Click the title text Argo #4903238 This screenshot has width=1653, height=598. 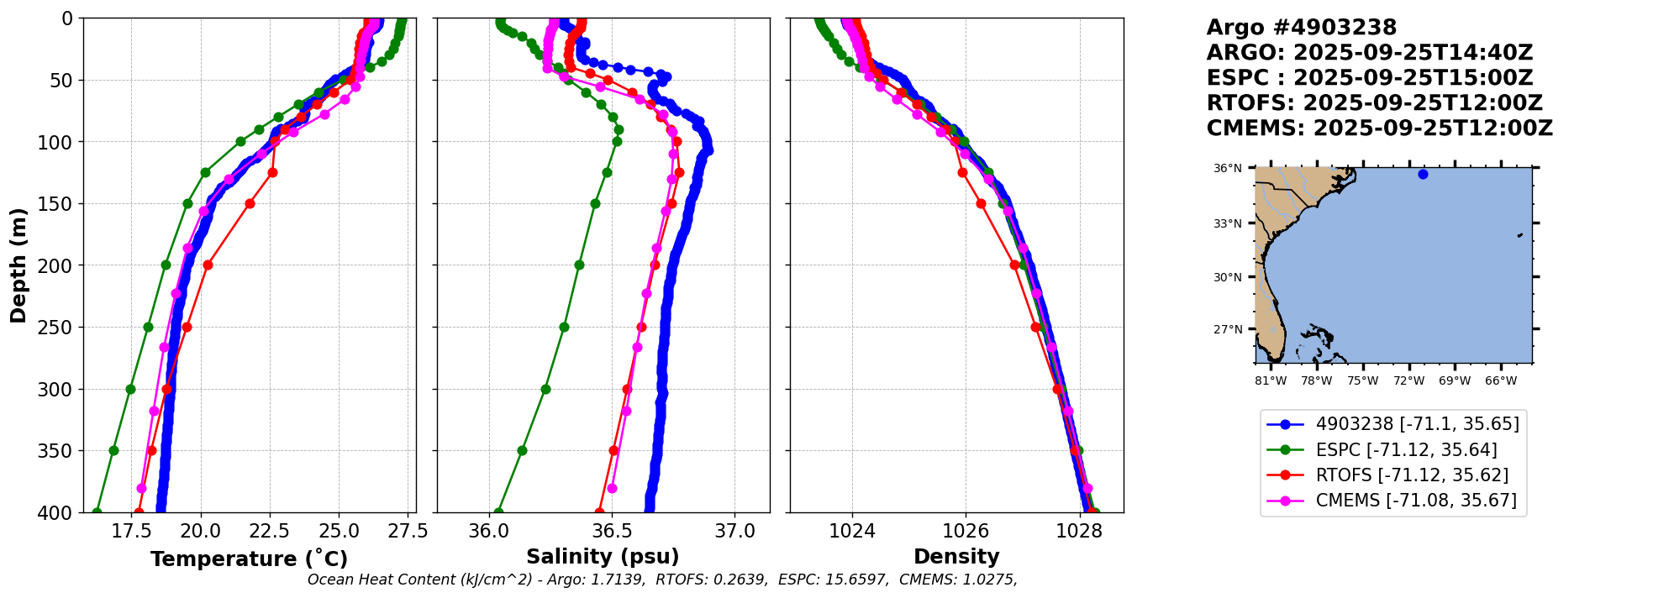1301,28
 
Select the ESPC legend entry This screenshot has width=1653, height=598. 1392,450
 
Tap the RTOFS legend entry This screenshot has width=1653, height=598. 1392,475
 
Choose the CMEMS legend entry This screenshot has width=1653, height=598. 1392,501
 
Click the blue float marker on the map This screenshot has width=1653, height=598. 1423,175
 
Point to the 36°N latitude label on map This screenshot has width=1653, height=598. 1227,169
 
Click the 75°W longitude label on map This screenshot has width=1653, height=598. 1362,381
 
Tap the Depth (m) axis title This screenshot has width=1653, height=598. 18,265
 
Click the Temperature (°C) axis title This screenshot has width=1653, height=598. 249,559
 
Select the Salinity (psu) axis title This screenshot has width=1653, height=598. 603,557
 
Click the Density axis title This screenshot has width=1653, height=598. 956,557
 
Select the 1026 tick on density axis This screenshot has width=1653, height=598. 966,531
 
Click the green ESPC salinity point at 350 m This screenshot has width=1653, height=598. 522,450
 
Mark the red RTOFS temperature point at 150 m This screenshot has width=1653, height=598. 250,203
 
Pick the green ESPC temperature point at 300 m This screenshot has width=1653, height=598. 130,389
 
